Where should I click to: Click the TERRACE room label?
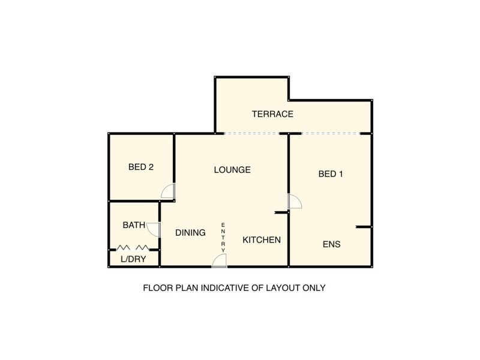coord(272,114)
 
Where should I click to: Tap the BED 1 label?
coord(331,175)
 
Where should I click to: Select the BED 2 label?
coord(141,167)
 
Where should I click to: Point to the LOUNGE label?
coord(232,170)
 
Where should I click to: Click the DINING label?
coord(191,233)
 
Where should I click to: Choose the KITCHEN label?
coord(262,240)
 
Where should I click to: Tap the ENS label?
coord(332,245)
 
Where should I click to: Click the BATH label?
coord(134,226)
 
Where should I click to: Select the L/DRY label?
coord(132,260)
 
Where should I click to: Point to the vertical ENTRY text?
coord(223,237)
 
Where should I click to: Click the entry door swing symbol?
coord(220,260)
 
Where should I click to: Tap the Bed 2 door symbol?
coord(168,192)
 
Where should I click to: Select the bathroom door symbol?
coord(154,229)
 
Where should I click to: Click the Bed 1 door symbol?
coord(295,202)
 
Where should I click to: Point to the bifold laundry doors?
coord(133,247)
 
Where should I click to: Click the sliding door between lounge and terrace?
coord(252,133)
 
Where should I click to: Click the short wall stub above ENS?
coord(364,227)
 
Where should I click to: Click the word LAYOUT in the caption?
coord(275,288)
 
